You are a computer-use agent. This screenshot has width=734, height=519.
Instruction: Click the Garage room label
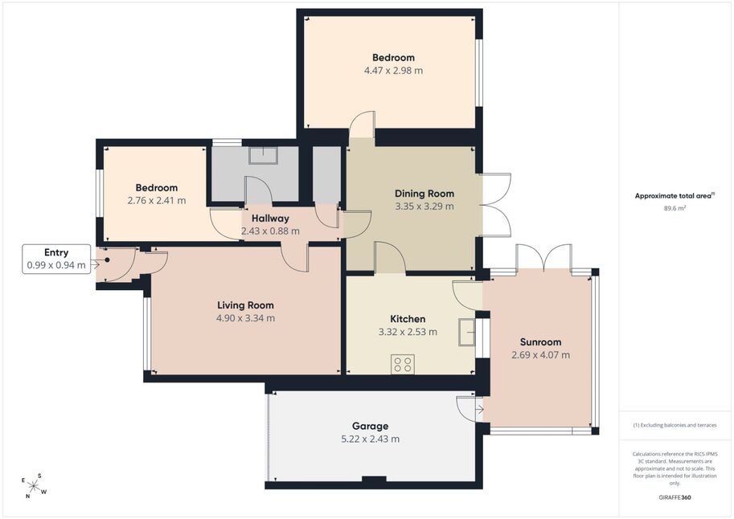point(371,426)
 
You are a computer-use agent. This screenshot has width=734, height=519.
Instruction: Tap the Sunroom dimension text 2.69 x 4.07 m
point(541,355)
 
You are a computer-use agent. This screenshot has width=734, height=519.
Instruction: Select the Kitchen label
point(408,319)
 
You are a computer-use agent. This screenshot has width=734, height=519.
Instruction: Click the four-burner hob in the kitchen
point(403,364)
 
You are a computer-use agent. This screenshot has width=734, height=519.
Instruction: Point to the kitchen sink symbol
point(467,333)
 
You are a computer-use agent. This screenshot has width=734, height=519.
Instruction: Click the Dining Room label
point(424,194)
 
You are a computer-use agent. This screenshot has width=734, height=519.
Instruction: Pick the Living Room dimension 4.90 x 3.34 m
point(245,318)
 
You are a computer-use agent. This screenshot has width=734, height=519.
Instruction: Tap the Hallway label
point(270,218)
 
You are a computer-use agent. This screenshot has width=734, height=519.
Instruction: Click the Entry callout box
point(56,259)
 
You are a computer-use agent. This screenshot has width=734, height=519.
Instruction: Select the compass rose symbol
point(34,486)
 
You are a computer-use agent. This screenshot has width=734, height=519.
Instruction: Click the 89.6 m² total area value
point(675,208)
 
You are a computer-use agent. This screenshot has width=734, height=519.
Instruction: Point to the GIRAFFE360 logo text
point(675,497)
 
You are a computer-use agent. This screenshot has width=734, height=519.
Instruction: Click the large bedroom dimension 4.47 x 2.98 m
point(393,71)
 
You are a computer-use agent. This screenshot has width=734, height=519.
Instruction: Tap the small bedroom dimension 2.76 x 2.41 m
point(156,201)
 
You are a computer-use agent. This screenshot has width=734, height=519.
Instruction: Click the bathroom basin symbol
point(264,155)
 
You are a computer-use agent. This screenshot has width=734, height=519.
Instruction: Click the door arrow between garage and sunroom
point(479,410)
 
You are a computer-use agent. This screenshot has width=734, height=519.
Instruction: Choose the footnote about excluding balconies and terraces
point(675,425)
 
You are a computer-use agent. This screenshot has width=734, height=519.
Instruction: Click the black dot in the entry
point(107,259)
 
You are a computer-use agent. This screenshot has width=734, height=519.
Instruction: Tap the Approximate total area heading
point(675,196)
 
